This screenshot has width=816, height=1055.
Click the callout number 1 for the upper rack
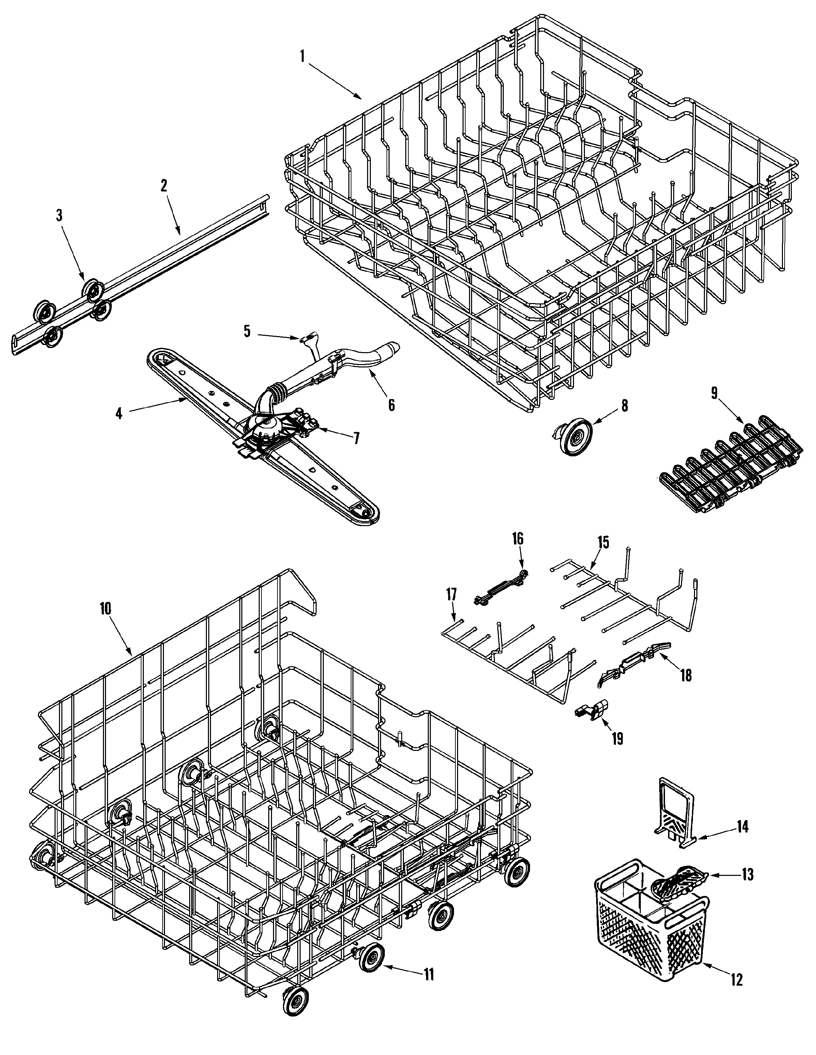302,57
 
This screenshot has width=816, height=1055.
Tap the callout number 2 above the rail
164,186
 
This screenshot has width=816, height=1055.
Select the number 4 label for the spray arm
119,413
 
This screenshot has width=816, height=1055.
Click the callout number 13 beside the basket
747,874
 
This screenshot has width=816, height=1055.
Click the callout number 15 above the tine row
602,543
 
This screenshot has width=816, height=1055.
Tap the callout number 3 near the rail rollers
59,216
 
